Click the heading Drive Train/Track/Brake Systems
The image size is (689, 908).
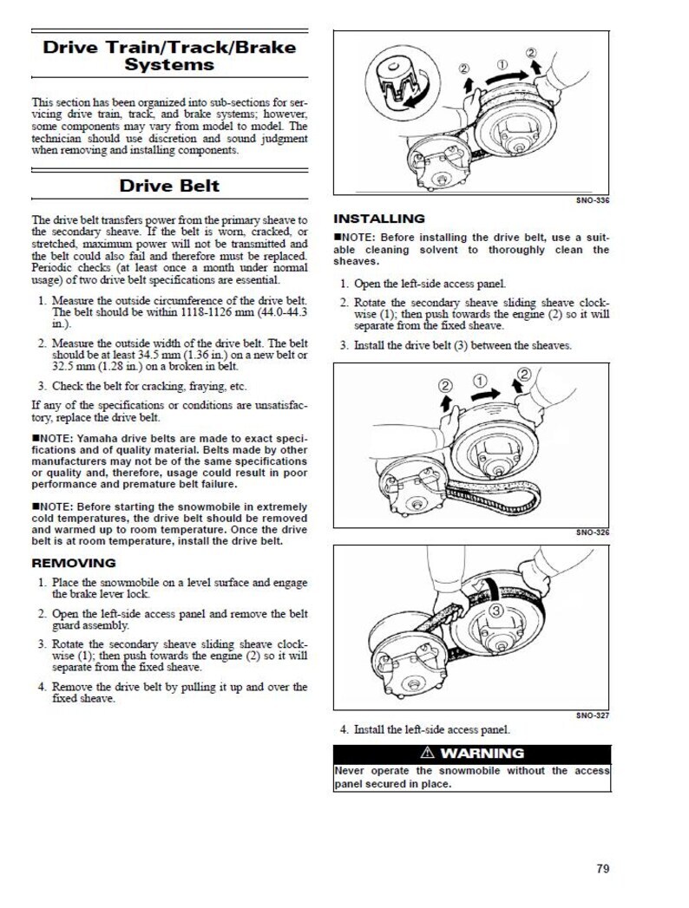(169, 55)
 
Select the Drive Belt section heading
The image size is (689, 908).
(169, 185)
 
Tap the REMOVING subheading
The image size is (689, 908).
(73, 563)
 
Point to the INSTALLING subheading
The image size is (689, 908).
(379, 219)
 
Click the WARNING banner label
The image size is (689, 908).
(482, 753)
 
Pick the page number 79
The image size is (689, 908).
(603, 868)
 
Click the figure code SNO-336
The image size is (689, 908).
(593, 200)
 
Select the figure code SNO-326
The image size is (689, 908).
(593, 532)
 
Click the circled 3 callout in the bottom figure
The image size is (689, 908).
(496, 612)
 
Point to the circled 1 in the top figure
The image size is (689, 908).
(502, 64)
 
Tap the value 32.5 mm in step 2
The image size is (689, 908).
(75, 366)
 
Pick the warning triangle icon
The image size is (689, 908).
(427, 753)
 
